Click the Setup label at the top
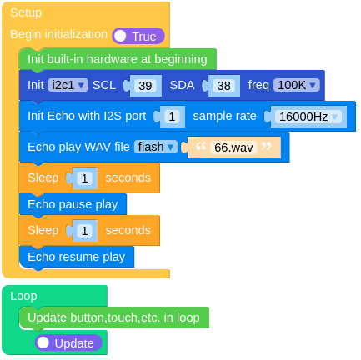point(26,12)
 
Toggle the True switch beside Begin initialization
point(138,36)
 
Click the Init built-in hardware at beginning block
point(117,59)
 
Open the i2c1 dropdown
point(68,85)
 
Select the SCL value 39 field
point(145,85)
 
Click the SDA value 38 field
point(223,85)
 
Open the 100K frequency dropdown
point(296,85)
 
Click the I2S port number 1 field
point(171,117)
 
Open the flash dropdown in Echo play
point(156,147)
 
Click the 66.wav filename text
point(233,147)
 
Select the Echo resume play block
point(76,257)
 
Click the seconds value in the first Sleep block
point(85,177)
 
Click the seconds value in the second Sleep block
point(85,230)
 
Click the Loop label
point(23,295)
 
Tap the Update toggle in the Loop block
point(68,342)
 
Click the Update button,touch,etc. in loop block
point(113,317)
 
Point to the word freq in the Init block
point(258,85)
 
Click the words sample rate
point(224,116)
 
